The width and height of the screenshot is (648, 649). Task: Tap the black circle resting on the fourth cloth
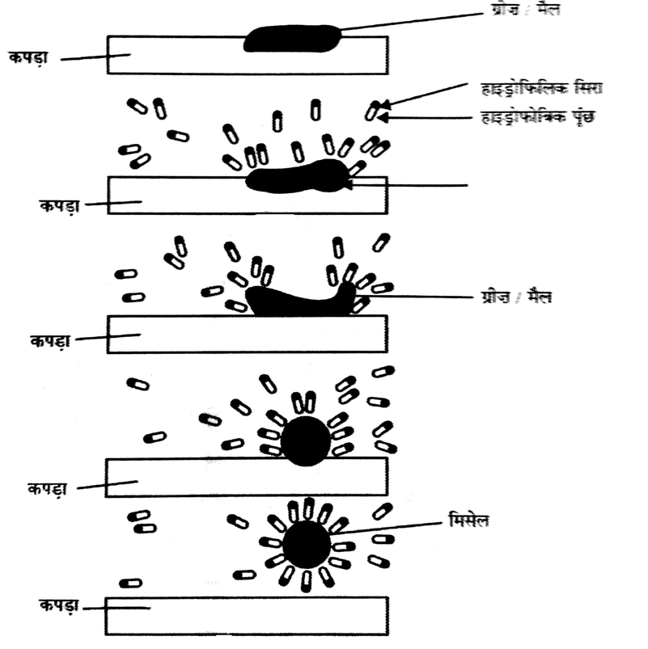click(305, 441)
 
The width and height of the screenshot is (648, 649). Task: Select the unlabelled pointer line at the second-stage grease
click(413, 185)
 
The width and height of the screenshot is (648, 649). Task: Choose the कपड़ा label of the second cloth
click(61, 206)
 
